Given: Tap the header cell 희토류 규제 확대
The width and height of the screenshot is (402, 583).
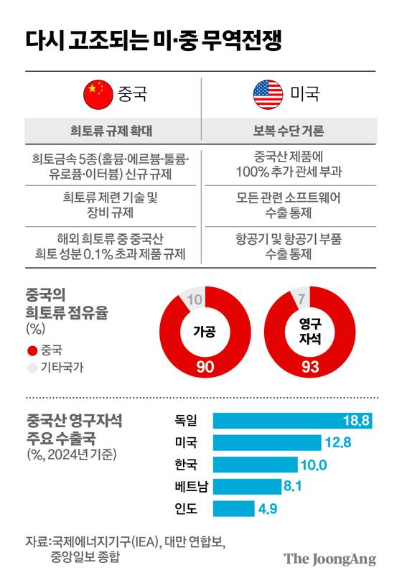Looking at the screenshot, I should click(112, 131).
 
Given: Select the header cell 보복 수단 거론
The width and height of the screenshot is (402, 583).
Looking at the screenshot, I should click(288, 131).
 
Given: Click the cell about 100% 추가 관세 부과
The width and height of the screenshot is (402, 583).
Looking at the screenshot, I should click(288, 164).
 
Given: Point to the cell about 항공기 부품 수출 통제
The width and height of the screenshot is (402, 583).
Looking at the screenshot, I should click(288, 245).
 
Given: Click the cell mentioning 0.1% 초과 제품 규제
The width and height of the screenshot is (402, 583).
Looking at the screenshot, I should click(112, 245).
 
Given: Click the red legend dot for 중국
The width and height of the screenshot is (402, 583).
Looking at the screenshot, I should click(32, 350).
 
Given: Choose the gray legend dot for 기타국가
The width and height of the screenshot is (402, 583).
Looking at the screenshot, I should click(32, 368).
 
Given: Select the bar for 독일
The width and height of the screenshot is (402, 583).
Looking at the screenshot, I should click(291, 421).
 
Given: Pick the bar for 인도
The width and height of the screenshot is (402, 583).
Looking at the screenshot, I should click(233, 509).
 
